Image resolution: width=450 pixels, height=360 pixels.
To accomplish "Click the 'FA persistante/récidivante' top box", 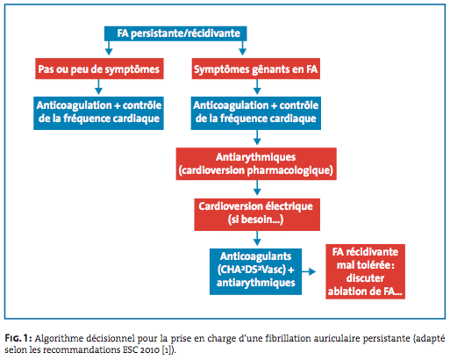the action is [175, 33].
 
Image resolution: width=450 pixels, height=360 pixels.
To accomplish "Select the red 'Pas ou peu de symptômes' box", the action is [99, 68].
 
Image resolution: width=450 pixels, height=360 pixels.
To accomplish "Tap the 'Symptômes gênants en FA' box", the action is [256, 68].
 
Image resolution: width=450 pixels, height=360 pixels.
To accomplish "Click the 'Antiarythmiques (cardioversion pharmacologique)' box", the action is [256, 163].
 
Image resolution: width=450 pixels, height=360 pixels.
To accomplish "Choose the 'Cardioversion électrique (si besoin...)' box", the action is [257, 214].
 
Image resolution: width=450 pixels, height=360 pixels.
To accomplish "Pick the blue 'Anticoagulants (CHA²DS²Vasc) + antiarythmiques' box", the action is [255, 271].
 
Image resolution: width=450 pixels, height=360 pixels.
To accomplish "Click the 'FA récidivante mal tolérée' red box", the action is [365, 271].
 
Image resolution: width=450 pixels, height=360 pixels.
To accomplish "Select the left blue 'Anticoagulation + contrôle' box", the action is [98, 113].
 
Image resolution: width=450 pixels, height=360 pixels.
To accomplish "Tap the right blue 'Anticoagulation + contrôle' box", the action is [256, 113].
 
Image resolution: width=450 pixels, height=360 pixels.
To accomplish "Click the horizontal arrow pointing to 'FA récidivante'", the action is [309, 271].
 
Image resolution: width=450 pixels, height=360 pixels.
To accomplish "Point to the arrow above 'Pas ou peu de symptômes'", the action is [109, 48].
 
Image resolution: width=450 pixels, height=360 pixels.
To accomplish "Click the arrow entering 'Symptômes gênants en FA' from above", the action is [242, 48].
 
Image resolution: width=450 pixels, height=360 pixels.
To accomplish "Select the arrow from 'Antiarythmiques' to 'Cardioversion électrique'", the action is [257, 188].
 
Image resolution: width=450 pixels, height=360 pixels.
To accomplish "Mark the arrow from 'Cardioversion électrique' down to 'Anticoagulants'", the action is [257, 238].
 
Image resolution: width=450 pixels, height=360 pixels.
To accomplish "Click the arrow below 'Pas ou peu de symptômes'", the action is [99, 87].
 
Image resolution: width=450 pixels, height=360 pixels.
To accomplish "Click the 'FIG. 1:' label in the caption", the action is [18, 338].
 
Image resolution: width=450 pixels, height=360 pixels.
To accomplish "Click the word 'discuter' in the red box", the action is [365, 278].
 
